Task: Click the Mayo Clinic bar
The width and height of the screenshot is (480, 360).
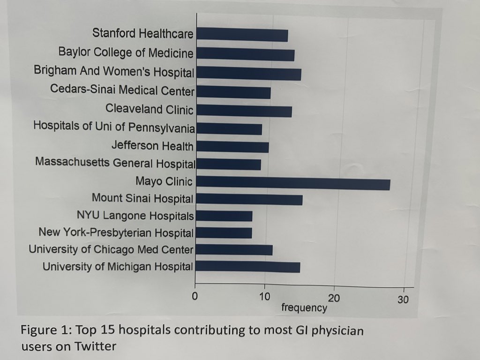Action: coord(293,184)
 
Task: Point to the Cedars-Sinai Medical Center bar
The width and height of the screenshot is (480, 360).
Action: coord(233,92)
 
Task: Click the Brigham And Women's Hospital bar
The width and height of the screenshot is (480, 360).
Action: coord(248,74)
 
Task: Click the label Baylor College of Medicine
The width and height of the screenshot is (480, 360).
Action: coord(126,52)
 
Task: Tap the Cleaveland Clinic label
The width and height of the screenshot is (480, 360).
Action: coord(149,109)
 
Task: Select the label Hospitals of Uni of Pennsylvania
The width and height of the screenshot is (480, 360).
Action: coord(114,127)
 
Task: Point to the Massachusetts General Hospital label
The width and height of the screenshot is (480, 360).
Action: coord(115,163)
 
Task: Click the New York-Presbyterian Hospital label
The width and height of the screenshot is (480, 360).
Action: coord(116,232)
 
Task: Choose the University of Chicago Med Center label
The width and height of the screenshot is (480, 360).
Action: coord(111,249)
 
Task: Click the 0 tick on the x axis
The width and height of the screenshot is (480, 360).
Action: coord(195,296)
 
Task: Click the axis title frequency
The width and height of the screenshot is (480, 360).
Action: coord(304,307)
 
